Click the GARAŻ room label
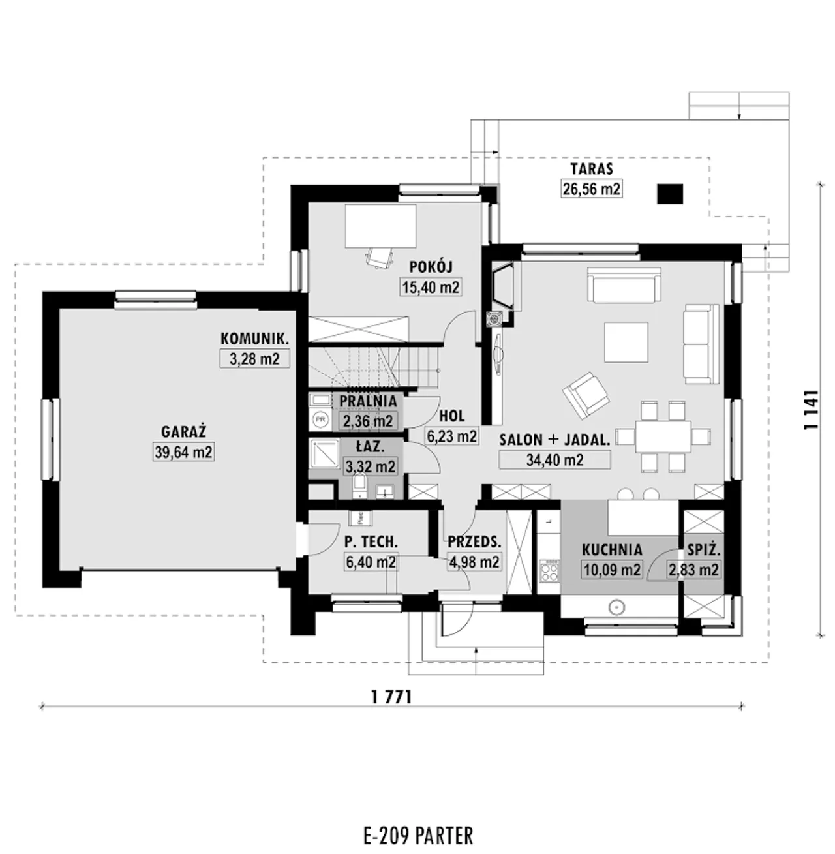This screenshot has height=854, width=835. click(183, 432)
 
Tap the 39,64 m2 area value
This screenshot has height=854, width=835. click(183, 452)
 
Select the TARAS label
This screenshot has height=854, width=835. click(592, 169)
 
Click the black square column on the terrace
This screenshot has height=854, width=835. click(669, 194)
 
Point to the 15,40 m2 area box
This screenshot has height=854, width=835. click(431, 288)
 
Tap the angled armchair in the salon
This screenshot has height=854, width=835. click(585, 395)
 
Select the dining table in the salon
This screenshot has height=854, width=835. click(663, 436)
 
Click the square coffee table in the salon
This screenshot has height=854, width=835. click(626, 342)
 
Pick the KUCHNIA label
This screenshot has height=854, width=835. click(612, 550)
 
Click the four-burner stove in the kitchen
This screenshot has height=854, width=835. click(549, 571)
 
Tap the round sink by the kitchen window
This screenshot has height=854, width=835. click(616, 607)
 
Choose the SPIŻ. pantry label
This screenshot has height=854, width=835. click(704, 550)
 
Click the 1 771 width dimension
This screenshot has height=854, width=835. click(392, 697)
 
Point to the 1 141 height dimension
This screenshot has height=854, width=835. click(812, 410)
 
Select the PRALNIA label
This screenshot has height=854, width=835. click(368, 401)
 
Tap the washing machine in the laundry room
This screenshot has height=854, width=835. click(321, 419)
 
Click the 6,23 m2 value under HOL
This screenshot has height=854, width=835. click(452, 436)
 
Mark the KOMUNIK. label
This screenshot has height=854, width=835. click(255, 339)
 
